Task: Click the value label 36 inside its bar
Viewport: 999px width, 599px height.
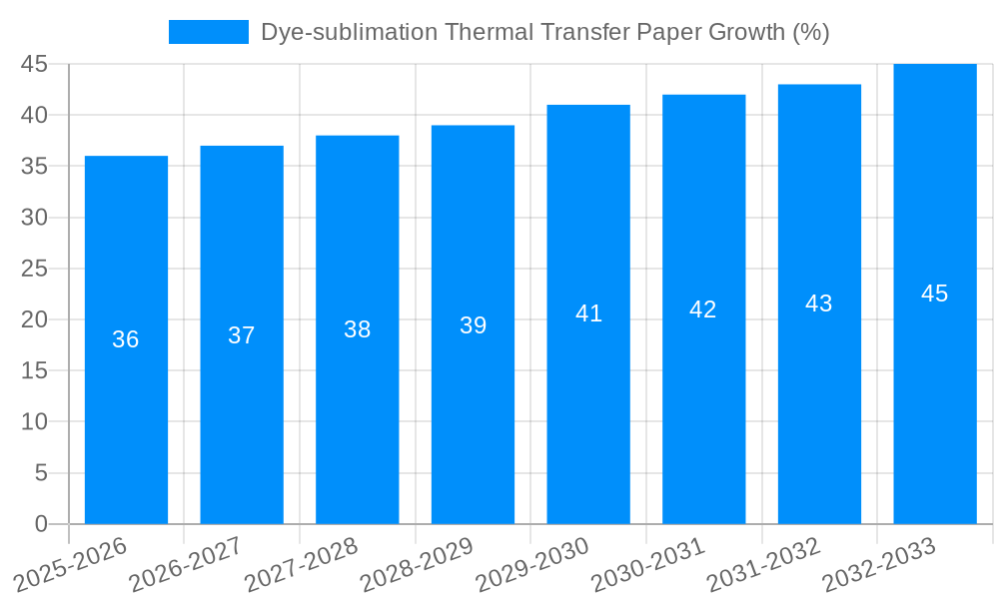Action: (x=126, y=339)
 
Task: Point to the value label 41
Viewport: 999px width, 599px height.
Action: (x=588, y=313)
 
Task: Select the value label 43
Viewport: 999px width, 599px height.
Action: (x=819, y=303)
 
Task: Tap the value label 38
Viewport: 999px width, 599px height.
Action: (x=358, y=329)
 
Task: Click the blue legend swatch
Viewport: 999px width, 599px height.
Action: (x=208, y=32)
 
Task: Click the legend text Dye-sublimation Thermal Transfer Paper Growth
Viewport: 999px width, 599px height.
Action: (x=544, y=32)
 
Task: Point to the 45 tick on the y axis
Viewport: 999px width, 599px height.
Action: (x=34, y=64)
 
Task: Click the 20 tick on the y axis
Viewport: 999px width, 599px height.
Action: (x=34, y=319)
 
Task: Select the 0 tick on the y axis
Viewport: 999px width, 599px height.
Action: (x=41, y=524)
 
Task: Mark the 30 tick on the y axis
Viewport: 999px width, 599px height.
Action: (x=34, y=218)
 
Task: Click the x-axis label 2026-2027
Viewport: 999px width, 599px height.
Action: (x=185, y=564)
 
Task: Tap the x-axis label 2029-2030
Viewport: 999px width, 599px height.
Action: (x=531, y=564)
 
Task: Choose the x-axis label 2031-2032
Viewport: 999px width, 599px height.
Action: (x=763, y=564)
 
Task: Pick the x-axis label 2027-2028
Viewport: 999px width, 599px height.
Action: (x=301, y=564)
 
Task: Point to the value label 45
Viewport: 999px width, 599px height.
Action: (x=934, y=294)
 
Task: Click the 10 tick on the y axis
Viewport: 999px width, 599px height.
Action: (x=34, y=422)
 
